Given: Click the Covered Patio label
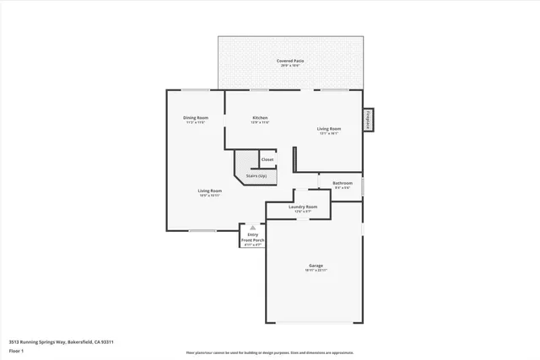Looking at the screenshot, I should pos(292,61).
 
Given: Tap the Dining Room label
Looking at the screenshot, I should pos(196,117).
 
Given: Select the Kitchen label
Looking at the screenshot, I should pos(260,117).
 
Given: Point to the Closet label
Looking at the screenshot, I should pos(267,159).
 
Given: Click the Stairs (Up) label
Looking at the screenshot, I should pos(256,176).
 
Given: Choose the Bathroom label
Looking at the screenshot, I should pos(342,183).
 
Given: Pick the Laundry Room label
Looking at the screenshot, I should pos(302,207).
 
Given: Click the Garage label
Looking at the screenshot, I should pos(316,265).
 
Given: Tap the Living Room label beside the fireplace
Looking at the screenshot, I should pos(328,128).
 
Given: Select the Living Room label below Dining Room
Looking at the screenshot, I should pos(209,191).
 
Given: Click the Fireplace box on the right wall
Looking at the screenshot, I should pos(368,121).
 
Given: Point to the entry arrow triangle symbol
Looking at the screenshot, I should pos(252,228).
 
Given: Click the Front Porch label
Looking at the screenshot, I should pos(253,240).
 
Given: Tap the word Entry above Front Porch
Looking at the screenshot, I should pos(253,235).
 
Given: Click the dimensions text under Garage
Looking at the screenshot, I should pos(316,270).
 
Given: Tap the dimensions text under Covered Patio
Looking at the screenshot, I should pos(292,66).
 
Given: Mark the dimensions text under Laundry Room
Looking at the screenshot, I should pos(302,212).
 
